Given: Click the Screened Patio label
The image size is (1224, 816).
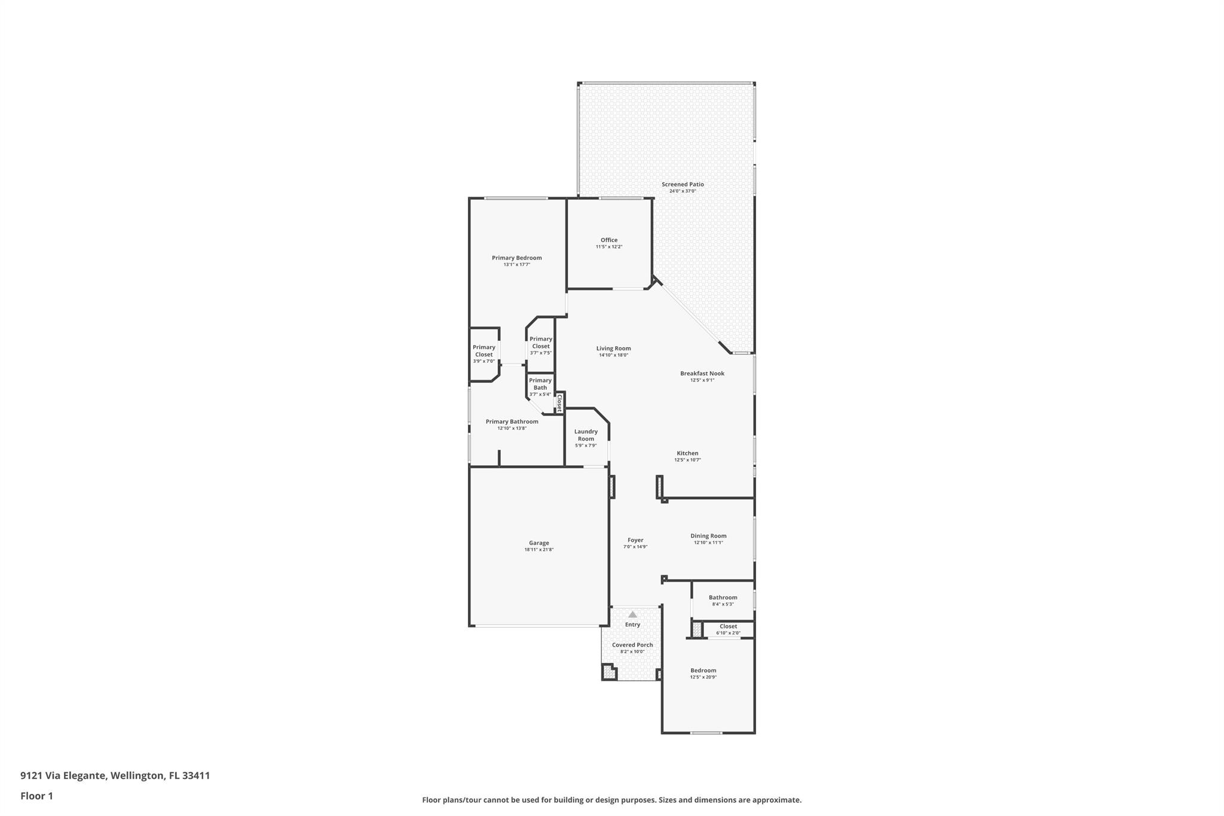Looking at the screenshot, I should pyautogui.click(x=683, y=184).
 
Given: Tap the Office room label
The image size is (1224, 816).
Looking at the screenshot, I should pyautogui.click(x=609, y=240).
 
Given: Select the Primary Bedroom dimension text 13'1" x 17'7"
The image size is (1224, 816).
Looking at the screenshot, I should pyautogui.click(x=516, y=264).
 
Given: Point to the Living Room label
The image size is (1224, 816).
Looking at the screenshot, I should pyautogui.click(x=613, y=349).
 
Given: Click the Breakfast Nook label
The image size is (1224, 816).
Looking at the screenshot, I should pyautogui.click(x=702, y=374).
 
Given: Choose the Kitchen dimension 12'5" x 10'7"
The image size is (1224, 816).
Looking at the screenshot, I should pyautogui.click(x=687, y=460).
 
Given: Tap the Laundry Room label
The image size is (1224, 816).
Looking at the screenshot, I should pyautogui.click(x=586, y=435).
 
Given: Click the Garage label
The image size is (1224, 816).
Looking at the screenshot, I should pyautogui.click(x=538, y=543).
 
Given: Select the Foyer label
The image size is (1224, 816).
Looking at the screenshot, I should pyautogui.click(x=635, y=540).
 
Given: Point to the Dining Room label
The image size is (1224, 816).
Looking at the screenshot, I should pyautogui.click(x=708, y=536).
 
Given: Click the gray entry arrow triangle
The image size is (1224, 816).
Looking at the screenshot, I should pyautogui.click(x=632, y=615).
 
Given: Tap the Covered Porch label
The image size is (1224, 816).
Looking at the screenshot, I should pyautogui.click(x=632, y=645).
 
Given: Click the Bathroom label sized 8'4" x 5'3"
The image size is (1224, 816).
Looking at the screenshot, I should pyautogui.click(x=723, y=597).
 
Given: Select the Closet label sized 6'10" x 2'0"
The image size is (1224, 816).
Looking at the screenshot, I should pyautogui.click(x=728, y=626).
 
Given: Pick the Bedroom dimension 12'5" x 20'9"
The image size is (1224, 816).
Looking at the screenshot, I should pyautogui.click(x=703, y=677).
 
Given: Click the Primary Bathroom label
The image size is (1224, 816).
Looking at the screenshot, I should pyautogui.click(x=512, y=421).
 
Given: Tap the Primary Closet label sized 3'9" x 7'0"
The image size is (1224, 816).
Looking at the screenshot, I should pyautogui.click(x=484, y=351).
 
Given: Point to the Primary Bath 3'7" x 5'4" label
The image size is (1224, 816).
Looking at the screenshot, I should pyautogui.click(x=540, y=384).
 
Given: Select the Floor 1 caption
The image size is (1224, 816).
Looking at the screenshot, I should pyautogui.click(x=36, y=796).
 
